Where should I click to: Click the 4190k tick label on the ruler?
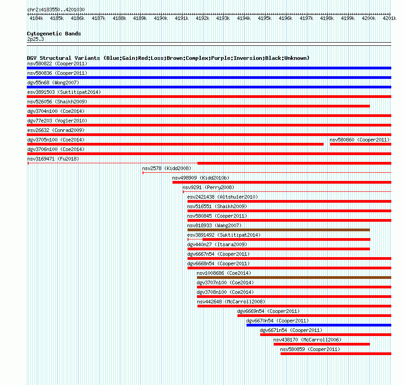[x=161, y=18]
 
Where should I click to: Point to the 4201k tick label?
[x=389, y=18]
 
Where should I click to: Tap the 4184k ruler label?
[x=36, y=18]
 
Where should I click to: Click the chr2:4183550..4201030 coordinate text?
[x=56, y=10]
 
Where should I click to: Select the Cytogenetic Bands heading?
[x=54, y=34]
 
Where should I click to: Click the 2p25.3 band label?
[x=35, y=39]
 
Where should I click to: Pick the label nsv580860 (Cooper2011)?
[x=360, y=140]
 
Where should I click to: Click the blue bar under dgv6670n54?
[x=319, y=325]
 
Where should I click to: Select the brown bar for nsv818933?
[x=279, y=230]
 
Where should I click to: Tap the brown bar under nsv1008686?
[x=294, y=278]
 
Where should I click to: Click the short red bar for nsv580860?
[x=360, y=144]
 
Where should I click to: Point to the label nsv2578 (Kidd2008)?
[x=167, y=168]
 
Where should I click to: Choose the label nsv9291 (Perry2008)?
[x=208, y=187]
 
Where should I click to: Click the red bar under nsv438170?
[x=322, y=344]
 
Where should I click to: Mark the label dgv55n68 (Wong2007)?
[x=53, y=83]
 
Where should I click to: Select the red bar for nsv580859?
[x=336, y=354]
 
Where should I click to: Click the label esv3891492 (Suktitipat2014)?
[x=224, y=235]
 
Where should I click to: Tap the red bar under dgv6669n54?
[x=314, y=316]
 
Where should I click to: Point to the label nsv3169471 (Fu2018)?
[x=53, y=159]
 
